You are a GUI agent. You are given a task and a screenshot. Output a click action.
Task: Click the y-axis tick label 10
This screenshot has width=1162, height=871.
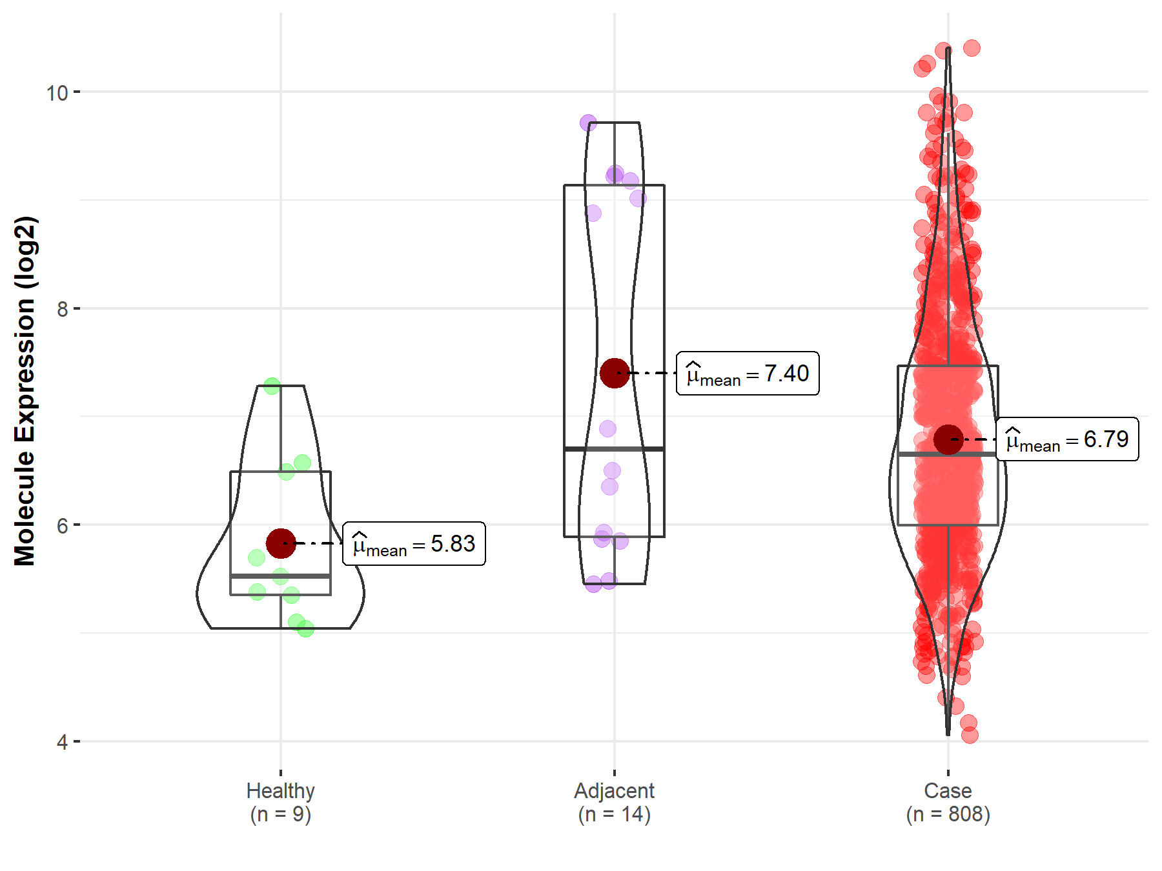(x=57, y=93)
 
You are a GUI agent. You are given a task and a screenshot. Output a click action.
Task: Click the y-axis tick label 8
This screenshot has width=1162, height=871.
(x=62, y=309)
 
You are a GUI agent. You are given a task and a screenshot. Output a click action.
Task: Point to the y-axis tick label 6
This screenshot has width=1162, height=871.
(x=62, y=526)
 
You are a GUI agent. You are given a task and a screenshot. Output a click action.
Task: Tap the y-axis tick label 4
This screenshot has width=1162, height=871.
(x=62, y=742)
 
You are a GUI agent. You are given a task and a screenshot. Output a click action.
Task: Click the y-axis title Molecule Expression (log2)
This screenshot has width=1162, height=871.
(x=25, y=391)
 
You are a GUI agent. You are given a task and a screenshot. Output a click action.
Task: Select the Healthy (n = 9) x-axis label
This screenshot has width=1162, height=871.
(x=281, y=802)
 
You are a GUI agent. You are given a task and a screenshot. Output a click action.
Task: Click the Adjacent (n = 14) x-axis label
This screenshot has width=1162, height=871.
(x=614, y=802)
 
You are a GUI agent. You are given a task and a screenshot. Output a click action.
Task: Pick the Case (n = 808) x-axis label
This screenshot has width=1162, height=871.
(x=948, y=802)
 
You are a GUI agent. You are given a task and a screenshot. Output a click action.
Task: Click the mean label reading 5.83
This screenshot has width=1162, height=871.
(x=414, y=544)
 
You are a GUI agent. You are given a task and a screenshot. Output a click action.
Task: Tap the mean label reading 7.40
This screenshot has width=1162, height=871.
(x=748, y=374)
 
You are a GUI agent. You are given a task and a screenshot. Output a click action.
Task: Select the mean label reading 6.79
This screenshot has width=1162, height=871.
(x=1067, y=439)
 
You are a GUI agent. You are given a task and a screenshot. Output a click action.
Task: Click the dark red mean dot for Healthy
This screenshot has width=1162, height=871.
(x=281, y=543)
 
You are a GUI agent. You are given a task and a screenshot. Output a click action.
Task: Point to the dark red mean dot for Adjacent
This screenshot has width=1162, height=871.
(x=615, y=373)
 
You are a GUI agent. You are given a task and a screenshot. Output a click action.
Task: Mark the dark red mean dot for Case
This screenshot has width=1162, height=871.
(x=948, y=439)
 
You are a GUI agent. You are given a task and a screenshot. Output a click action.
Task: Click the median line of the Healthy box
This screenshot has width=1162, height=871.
(x=281, y=576)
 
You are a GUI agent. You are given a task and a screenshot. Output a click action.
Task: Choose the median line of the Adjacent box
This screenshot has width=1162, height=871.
(x=615, y=448)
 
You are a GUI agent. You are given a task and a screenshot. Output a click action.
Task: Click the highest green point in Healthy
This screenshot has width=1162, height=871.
(x=272, y=386)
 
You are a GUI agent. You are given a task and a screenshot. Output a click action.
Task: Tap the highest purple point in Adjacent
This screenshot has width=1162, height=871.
(x=588, y=123)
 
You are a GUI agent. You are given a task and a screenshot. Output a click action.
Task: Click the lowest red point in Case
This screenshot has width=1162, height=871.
(x=969, y=735)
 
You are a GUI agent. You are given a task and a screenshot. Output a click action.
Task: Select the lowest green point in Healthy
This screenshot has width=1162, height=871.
(x=305, y=628)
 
